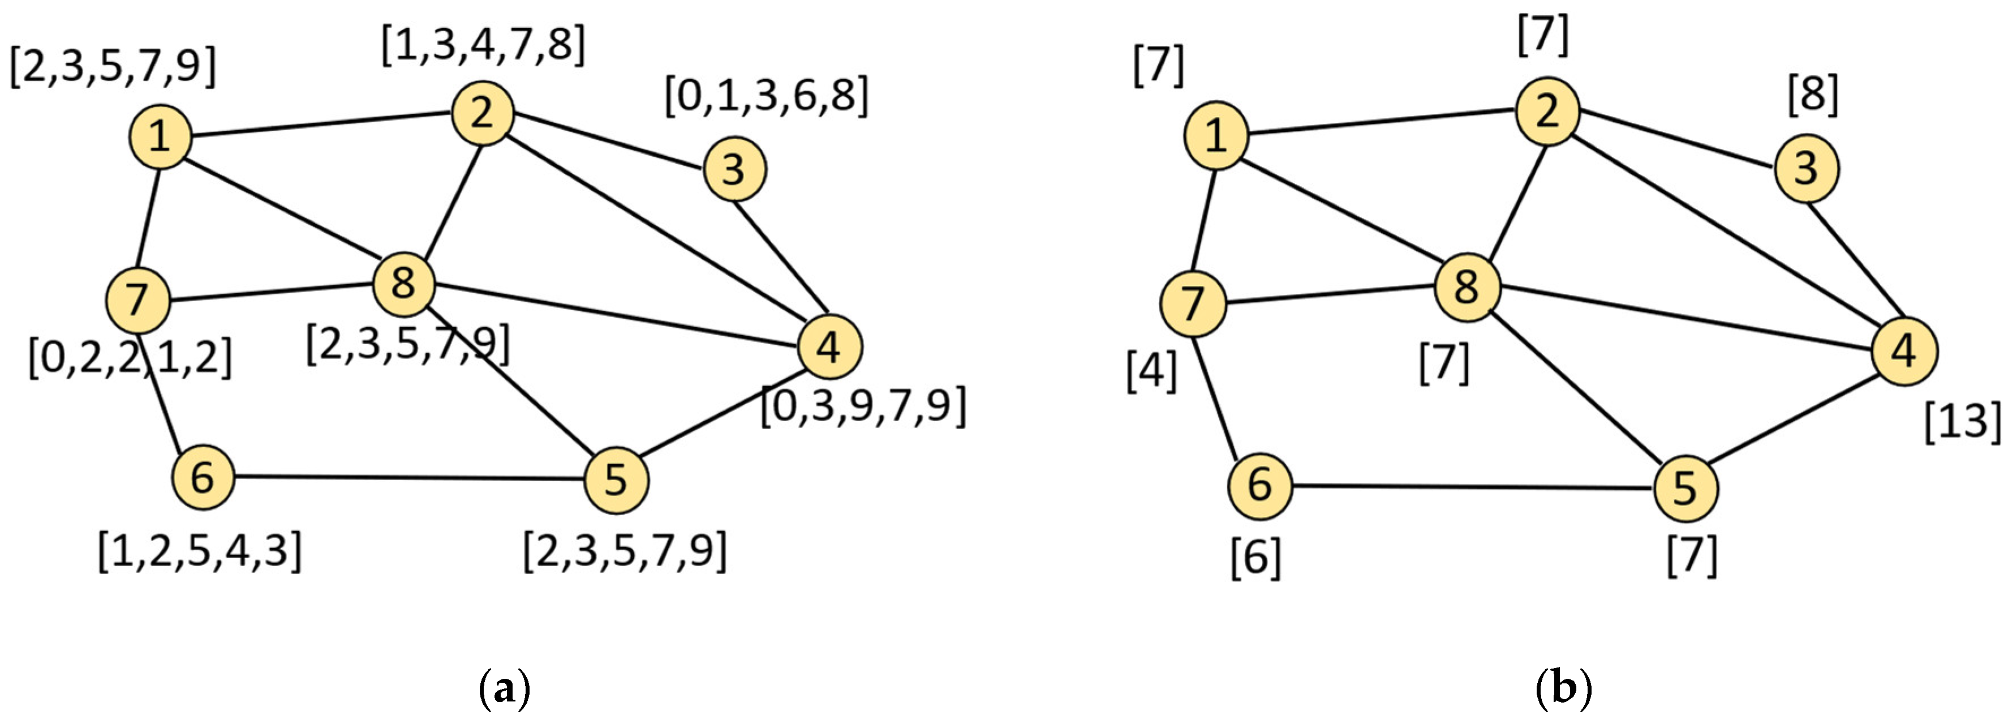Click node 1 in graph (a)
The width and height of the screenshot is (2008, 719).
[160, 137]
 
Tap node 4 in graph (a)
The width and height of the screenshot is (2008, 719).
[829, 347]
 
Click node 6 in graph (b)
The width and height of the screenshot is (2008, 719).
[1259, 485]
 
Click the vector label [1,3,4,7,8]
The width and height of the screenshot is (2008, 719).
[483, 45]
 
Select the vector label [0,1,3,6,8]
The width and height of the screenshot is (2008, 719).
[766, 97]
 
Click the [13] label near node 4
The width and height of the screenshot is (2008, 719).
[1961, 422]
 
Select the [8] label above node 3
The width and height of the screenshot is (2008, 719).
[1812, 95]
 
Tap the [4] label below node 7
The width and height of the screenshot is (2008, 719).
[1151, 371]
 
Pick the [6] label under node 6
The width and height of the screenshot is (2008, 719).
[1255, 558]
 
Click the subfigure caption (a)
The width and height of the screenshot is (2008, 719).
[504, 690]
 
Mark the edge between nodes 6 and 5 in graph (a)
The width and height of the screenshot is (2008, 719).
[409, 477]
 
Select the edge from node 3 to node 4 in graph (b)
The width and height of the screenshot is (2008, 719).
[1855, 259]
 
